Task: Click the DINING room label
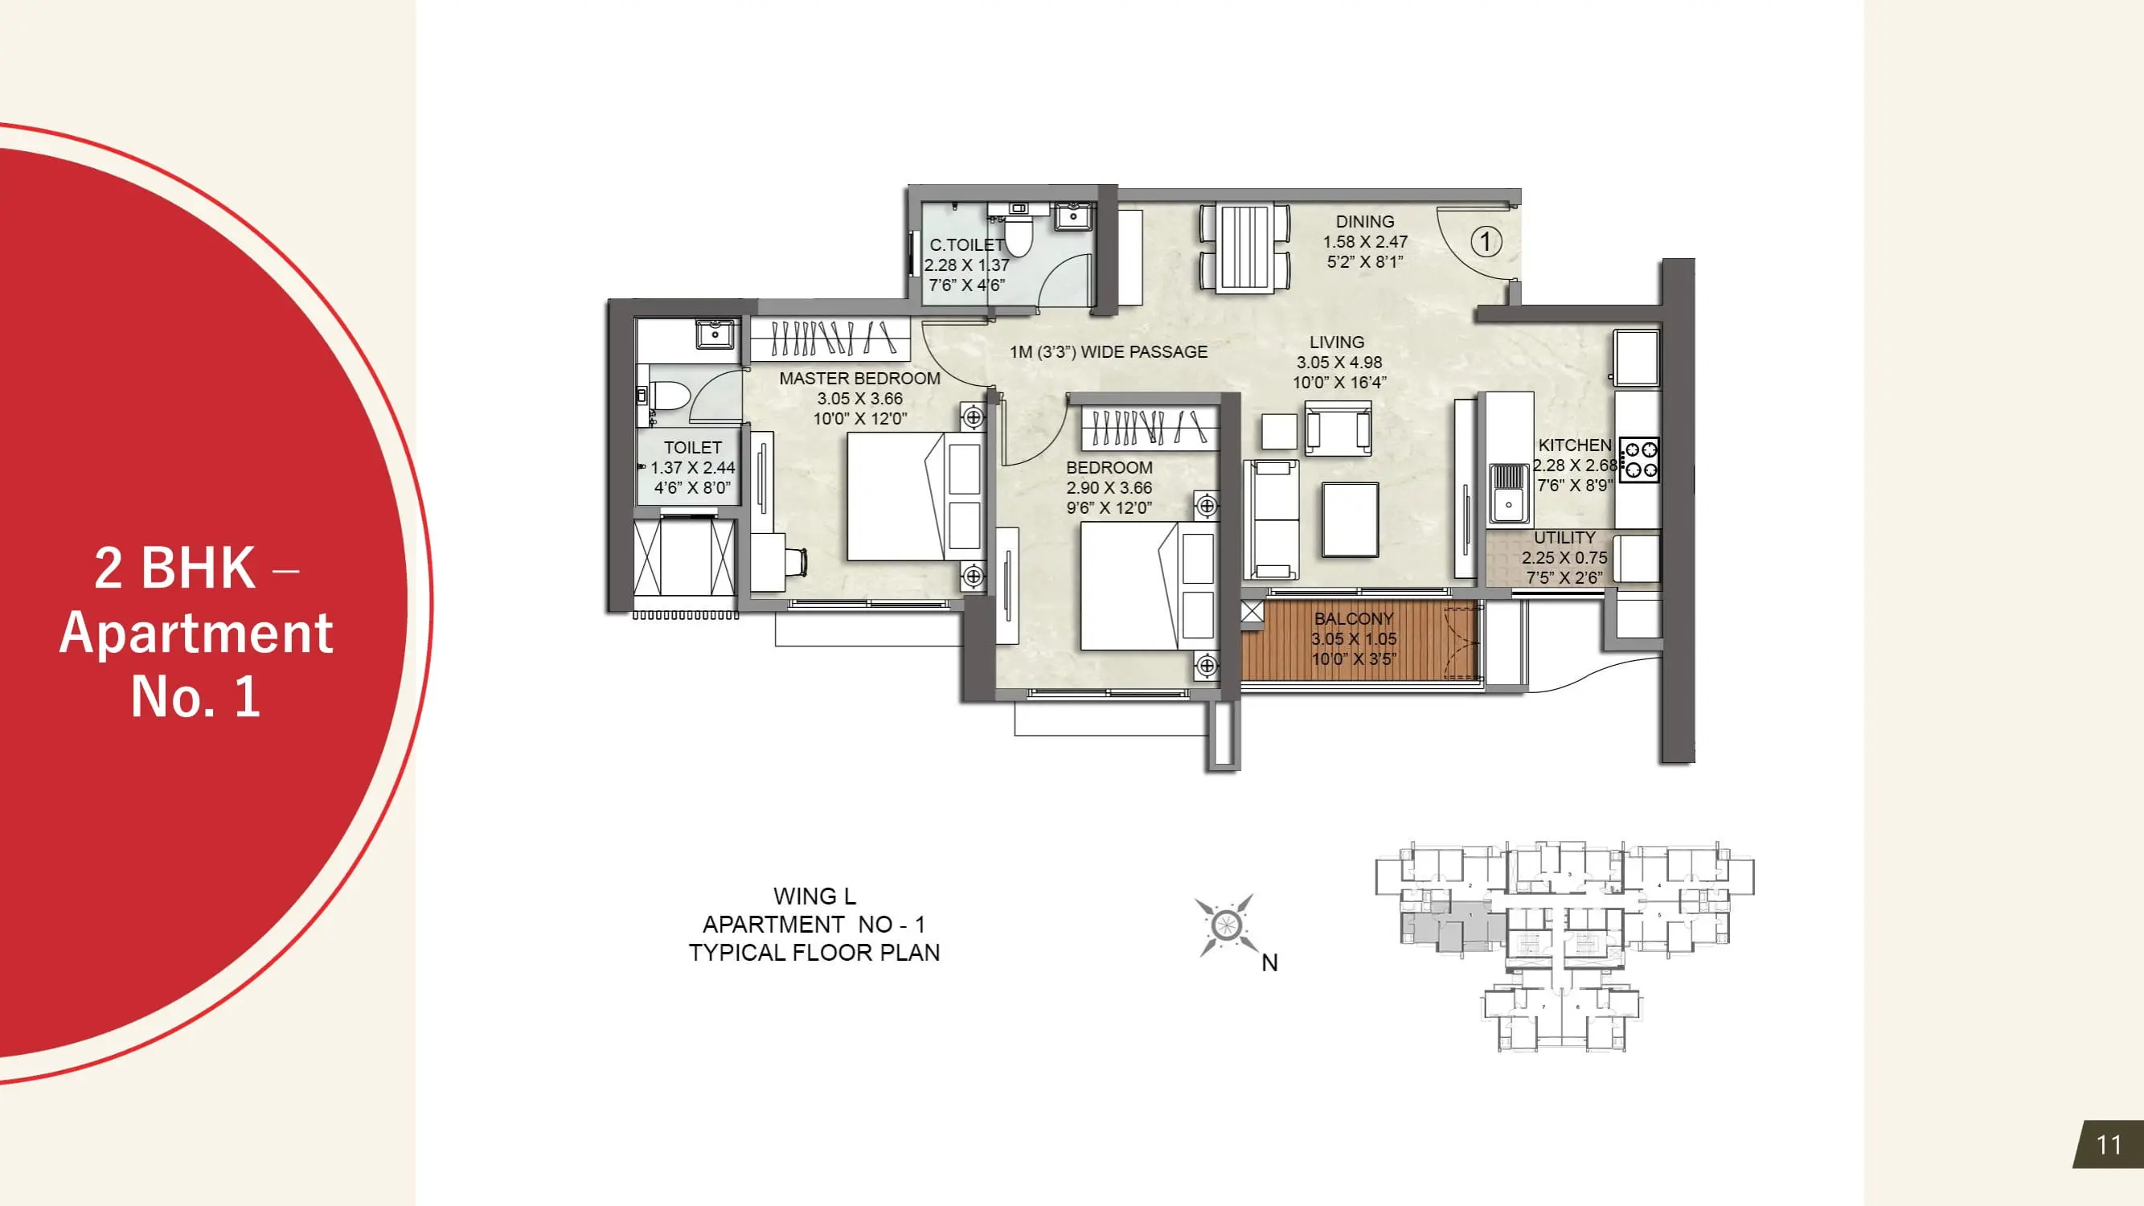[x=1365, y=221]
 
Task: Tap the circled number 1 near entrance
[x=1486, y=241]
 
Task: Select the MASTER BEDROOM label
[x=859, y=378]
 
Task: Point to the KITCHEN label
[x=1575, y=445]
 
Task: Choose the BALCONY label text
[x=1353, y=618]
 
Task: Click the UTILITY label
[x=1564, y=538]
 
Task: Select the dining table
[x=1245, y=248]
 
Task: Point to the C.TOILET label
[x=967, y=244]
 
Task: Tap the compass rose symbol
[x=1225, y=925]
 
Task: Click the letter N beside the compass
[x=1269, y=963]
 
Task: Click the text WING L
[x=814, y=896]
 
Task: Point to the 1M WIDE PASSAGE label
[x=1109, y=352]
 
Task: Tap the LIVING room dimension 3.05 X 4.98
[x=1339, y=362]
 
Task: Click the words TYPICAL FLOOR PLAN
[x=814, y=952]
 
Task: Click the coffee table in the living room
[x=1350, y=520]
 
